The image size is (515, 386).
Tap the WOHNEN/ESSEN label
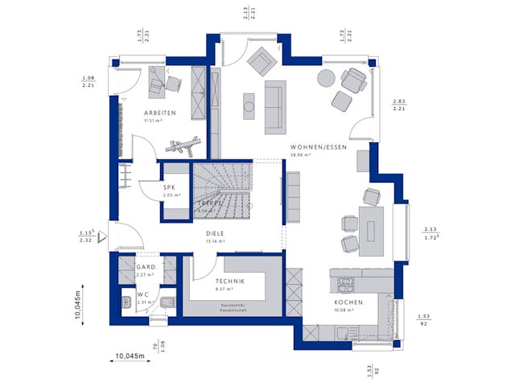coord(319,148)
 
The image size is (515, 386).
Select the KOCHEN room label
coord(349,302)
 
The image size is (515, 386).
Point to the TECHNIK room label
coord(230,281)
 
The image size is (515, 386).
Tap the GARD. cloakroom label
coord(146,267)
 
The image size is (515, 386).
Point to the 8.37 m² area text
coord(225,289)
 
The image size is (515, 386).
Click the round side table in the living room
coord(326,78)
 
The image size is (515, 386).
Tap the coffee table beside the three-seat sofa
coord(249,105)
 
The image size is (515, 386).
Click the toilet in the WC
coord(168,302)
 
